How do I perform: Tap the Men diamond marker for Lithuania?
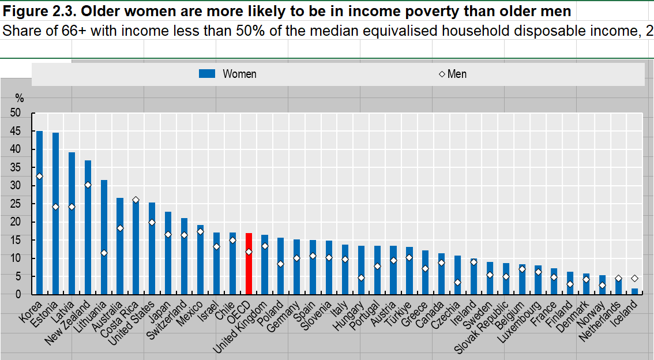point(104,253)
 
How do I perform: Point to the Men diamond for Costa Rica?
point(136,200)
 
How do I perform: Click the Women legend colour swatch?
point(206,74)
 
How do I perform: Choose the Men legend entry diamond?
point(442,74)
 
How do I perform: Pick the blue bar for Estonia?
point(55,213)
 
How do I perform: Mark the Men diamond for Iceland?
point(634,278)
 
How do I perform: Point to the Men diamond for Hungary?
point(361,278)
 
